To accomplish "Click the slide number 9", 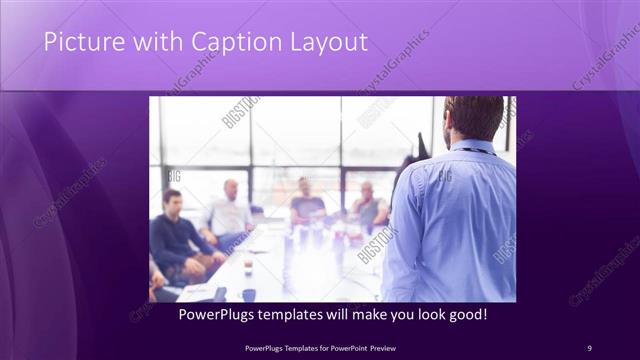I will coord(589,347).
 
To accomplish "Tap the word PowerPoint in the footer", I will coord(343,347).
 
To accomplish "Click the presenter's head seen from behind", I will coord(473,118).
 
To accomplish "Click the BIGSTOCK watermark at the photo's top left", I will coord(240,111).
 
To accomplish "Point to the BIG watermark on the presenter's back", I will coord(444,176).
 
